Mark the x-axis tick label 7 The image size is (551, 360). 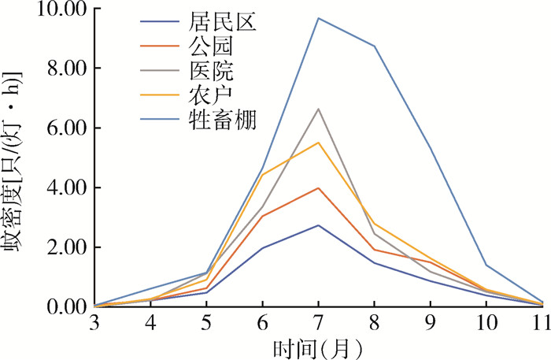318,321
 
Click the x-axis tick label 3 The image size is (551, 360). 94,321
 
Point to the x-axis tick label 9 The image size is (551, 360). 431,321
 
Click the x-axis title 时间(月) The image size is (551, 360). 318,346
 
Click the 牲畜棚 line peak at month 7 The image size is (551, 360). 318,18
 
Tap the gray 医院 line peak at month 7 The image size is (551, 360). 318,109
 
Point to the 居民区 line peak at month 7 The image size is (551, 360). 318,225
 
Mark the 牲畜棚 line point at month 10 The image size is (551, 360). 486,265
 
